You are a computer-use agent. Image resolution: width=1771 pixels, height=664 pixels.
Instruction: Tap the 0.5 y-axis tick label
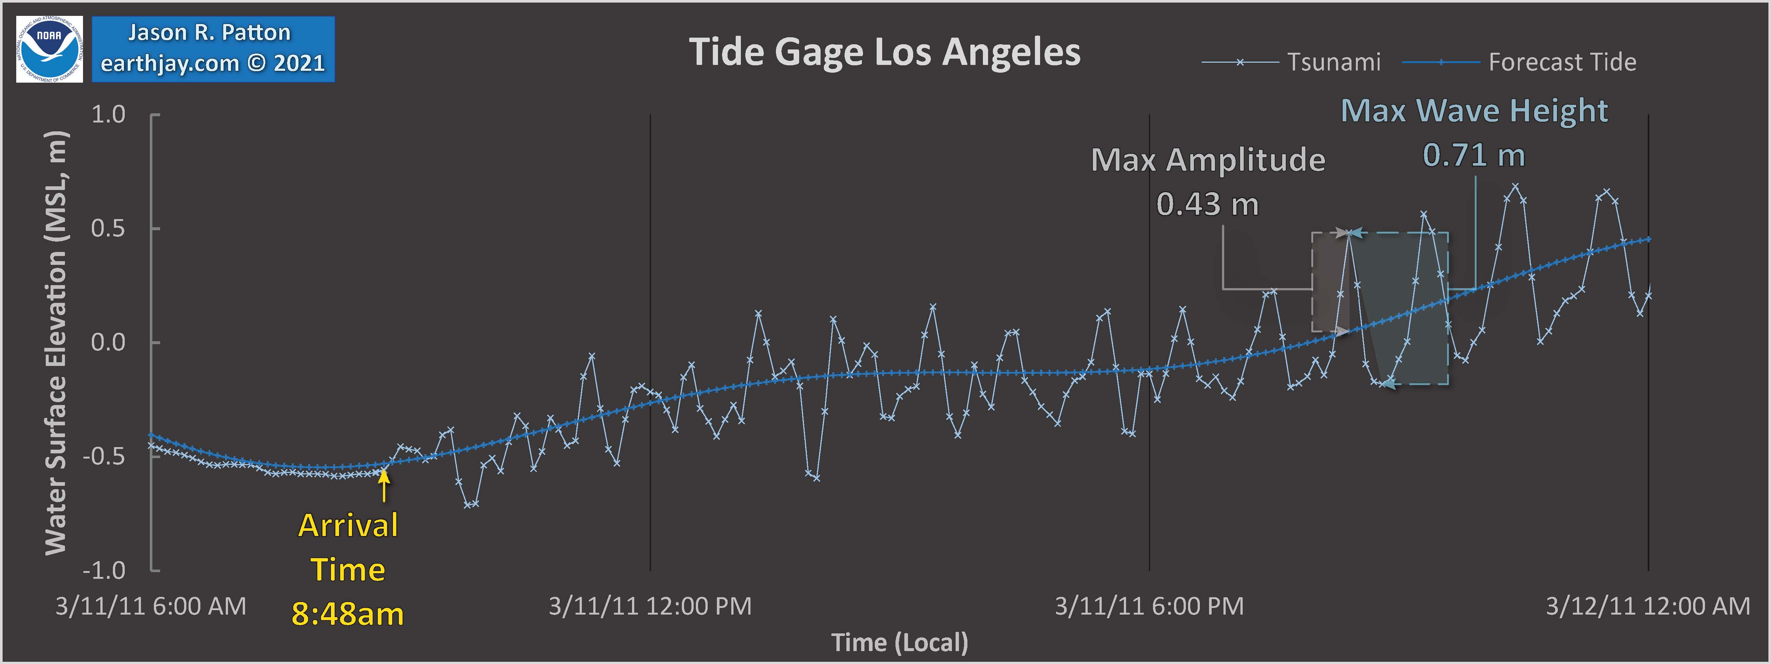pos(108,228)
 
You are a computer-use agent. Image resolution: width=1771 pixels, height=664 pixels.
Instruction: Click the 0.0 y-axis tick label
pos(108,342)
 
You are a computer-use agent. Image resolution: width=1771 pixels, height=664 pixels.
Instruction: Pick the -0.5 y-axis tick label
pos(104,456)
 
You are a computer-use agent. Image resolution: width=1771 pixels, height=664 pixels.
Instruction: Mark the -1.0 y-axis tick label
pos(104,571)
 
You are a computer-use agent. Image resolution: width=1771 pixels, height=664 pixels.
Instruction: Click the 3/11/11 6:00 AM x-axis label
pos(151,606)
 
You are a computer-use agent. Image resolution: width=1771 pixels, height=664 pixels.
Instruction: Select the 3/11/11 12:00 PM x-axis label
pos(650,606)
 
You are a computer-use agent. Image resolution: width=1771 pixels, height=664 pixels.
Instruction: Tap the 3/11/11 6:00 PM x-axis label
pos(1149,606)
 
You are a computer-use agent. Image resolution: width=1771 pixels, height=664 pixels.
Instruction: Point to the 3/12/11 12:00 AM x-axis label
pos(1647,606)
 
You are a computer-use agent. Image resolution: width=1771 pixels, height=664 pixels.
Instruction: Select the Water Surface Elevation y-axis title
pos(56,342)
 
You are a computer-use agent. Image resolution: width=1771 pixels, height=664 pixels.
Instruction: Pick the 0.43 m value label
pos(1207,204)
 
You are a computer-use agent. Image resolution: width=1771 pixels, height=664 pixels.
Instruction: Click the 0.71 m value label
pos(1473,155)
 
